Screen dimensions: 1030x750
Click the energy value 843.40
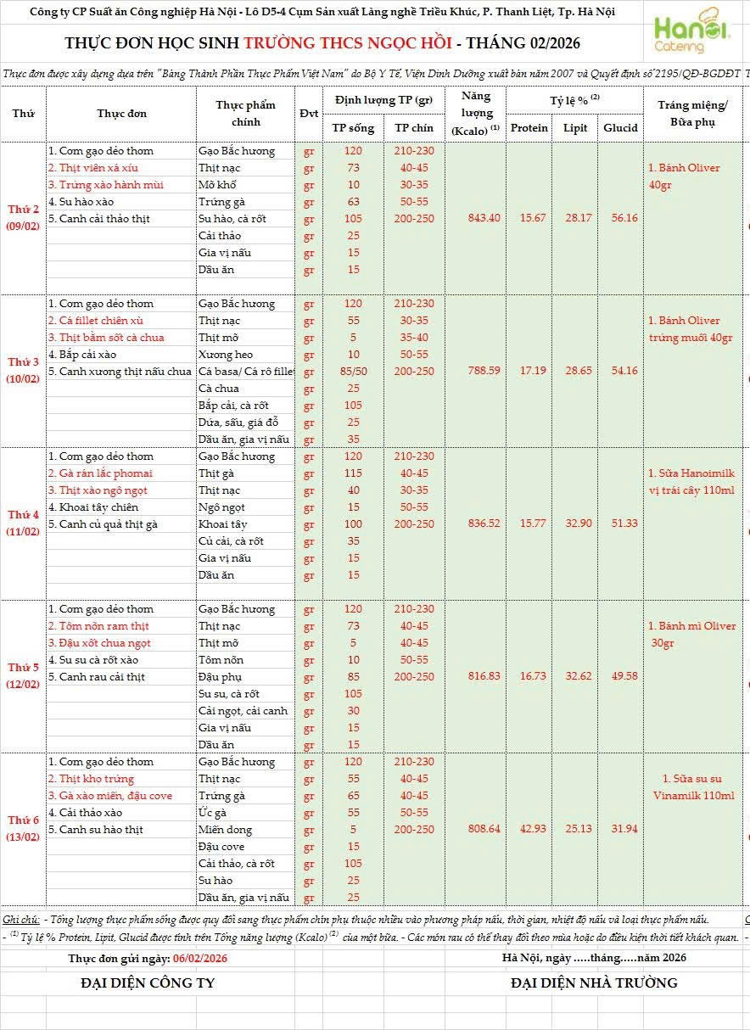point(484,218)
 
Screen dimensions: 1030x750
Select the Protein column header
point(529,128)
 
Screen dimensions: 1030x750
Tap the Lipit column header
point(574,128)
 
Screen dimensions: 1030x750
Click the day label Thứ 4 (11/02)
point(23,523)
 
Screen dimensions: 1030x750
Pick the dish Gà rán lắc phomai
point(100,473)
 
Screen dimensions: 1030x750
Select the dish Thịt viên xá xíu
point(92,168)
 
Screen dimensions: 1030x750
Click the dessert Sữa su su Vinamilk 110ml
point(693,787)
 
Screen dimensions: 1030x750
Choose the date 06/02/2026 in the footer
point(199,958)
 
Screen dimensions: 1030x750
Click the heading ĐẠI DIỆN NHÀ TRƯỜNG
point(594,983)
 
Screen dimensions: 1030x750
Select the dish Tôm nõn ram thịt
point(98,626)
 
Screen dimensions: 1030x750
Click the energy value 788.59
point(484,371)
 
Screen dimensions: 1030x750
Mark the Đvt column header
point(309,114)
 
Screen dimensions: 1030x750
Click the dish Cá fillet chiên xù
point(95,321)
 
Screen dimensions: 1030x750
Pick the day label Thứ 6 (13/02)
point(23,829)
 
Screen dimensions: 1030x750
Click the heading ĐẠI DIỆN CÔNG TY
point(148,983)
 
